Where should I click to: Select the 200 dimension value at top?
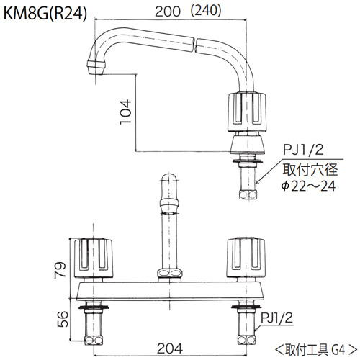[169, 11]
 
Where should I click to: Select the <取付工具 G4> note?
[315, 351]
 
